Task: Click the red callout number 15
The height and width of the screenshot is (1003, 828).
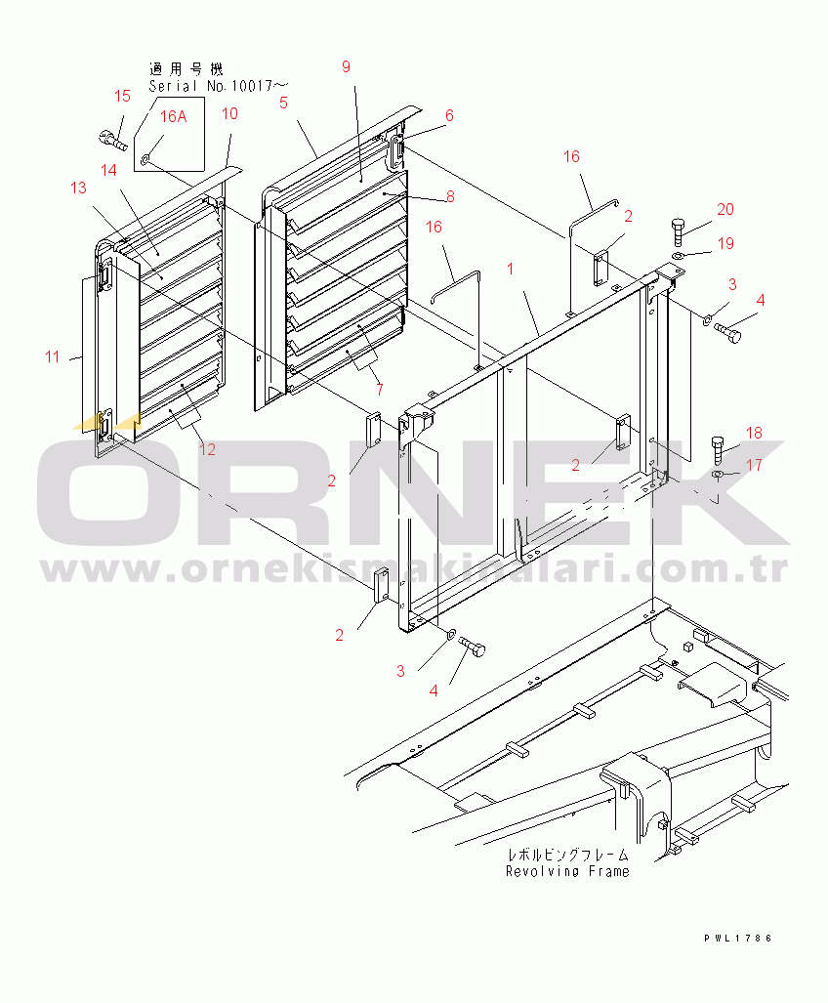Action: coord(122,96)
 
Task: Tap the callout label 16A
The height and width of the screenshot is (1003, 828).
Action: coord(173,116)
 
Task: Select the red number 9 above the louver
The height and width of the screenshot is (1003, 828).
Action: coord(345,66)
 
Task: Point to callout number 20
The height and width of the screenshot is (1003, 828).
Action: coord(724,209)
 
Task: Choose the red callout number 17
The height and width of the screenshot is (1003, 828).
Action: coord(754,466)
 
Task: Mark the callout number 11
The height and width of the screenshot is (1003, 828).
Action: coord(52,357)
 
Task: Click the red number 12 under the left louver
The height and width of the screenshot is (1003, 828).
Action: coord(207,449)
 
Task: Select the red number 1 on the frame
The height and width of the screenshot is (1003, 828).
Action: coord(510,267)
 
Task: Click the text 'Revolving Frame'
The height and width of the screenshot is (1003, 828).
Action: coord(567,871)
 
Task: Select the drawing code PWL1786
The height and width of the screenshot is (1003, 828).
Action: coord(738,938)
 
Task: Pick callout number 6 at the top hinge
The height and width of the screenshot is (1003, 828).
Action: coord(449,115)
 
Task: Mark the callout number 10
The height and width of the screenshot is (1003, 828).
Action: coord(229,113)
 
